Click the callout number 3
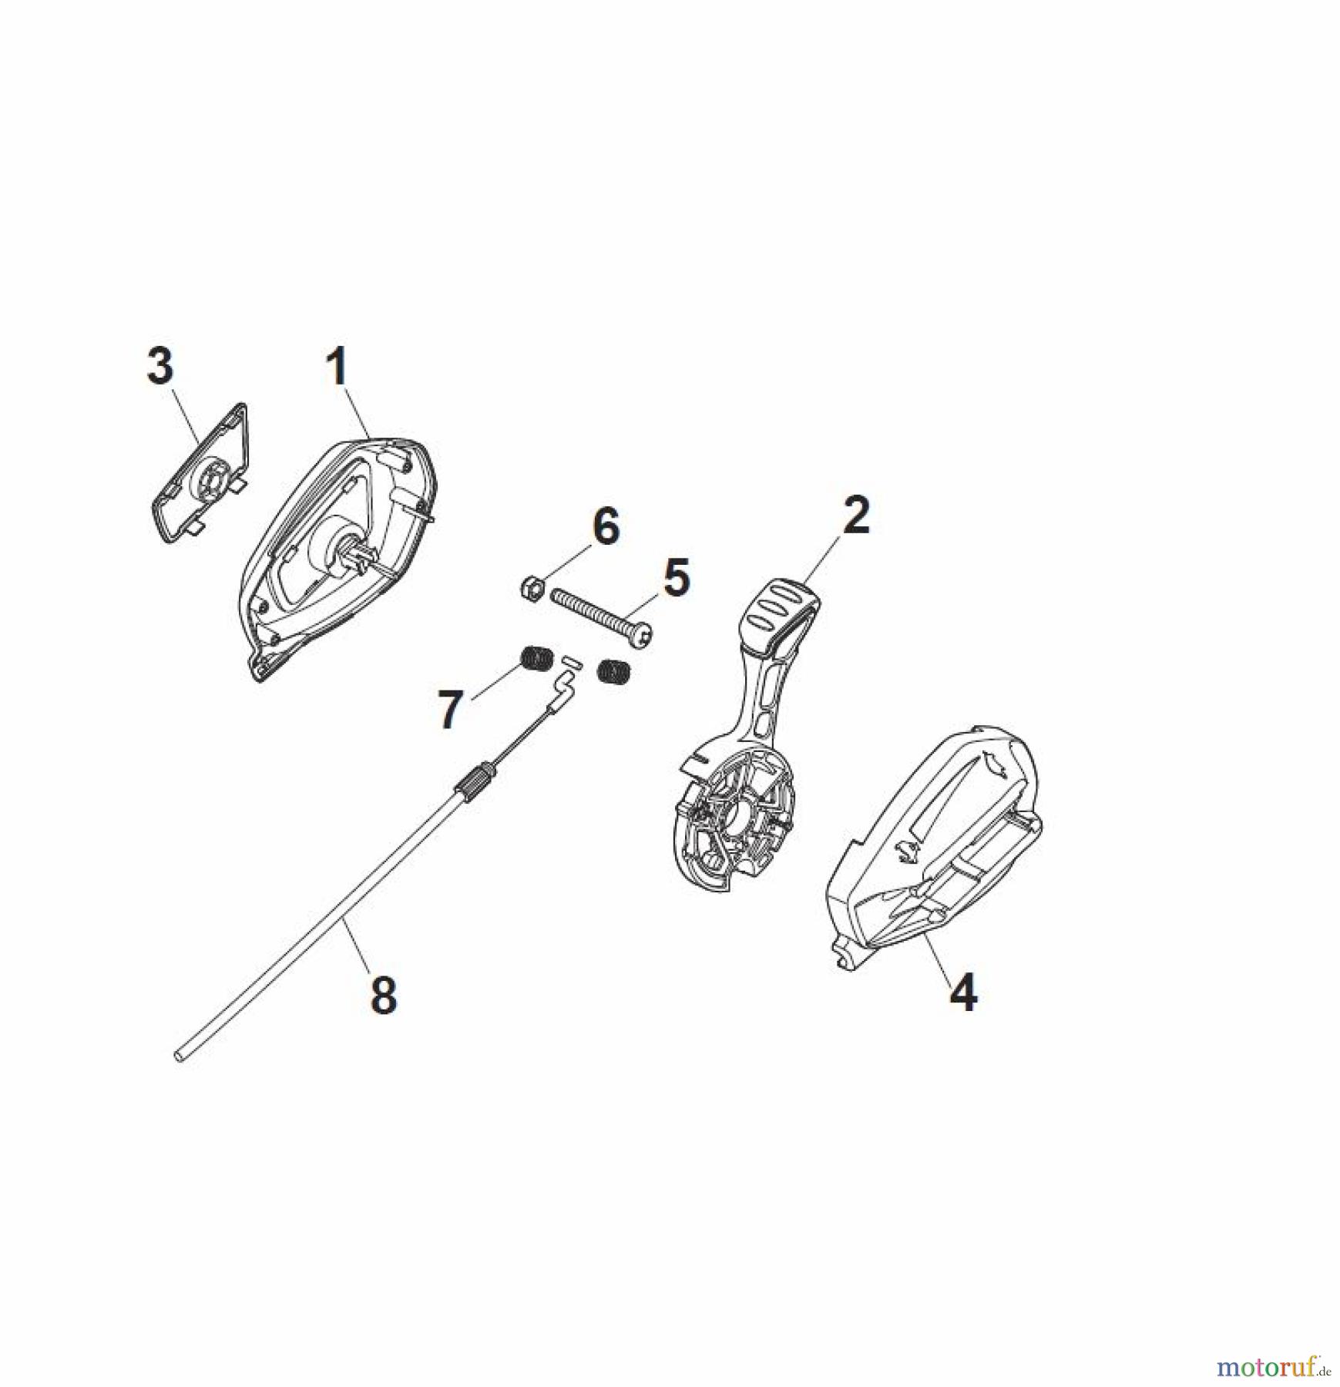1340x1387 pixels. (x=160, y=366)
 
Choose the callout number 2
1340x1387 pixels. (x=857, y=516)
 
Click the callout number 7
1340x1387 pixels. (x=451, y=710)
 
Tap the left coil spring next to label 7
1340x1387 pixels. (x=535, y=661)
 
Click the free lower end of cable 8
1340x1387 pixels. (x=180, y=1057)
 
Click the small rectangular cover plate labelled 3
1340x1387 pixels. (x=198, y=473)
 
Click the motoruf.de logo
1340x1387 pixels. (x=1271, y=1368)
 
